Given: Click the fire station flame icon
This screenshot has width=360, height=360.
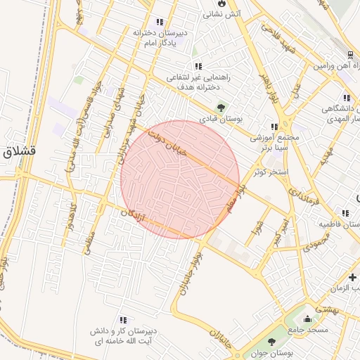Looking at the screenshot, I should (222, 3).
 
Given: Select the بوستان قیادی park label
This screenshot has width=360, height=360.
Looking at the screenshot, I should (221, 120).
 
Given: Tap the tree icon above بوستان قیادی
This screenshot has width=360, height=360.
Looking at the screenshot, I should (221, 108).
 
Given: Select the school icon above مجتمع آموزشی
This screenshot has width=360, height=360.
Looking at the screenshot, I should (274, 127).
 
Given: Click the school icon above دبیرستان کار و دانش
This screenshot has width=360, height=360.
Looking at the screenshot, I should (124, 319).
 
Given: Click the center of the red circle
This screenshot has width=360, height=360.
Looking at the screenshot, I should (180, 179).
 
